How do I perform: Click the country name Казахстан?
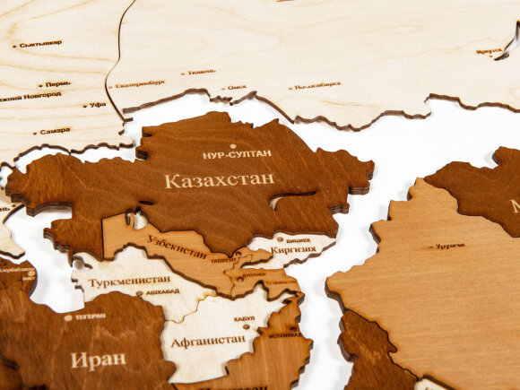[219, 179]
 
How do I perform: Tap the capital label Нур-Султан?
[237, 155]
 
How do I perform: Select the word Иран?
[98, 360]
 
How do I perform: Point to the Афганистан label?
[207, 340]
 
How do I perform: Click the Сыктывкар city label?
[41, 43]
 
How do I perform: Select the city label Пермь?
[57, 83]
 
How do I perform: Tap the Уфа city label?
[98, 105]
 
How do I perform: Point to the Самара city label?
[54, 131]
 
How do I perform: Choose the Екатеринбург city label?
[141, 83]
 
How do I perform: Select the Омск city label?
[237, 87]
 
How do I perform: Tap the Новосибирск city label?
[317, 85]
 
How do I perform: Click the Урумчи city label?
[449, 245]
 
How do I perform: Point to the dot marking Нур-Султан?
[233, 146]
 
